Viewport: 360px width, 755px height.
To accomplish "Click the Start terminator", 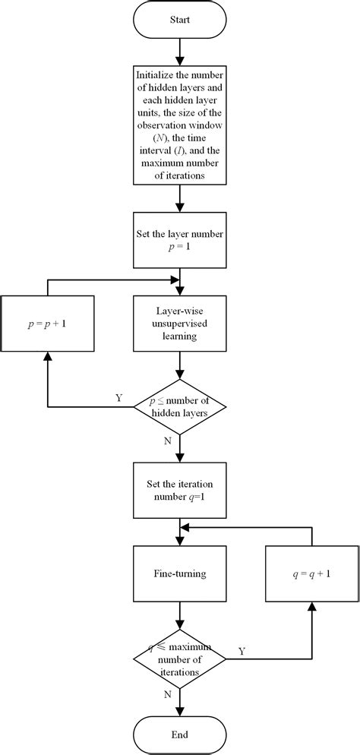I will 180,21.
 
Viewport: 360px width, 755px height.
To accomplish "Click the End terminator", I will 180,734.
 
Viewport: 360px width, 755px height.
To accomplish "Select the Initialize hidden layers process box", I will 180,124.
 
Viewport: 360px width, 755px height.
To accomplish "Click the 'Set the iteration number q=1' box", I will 180,491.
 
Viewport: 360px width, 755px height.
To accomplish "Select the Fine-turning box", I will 180,574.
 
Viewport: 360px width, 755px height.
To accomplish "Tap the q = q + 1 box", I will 312,574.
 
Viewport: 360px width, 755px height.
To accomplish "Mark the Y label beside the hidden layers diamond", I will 119,398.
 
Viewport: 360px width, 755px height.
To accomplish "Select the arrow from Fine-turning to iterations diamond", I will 180,615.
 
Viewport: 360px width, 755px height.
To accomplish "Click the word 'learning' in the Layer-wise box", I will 180,336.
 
